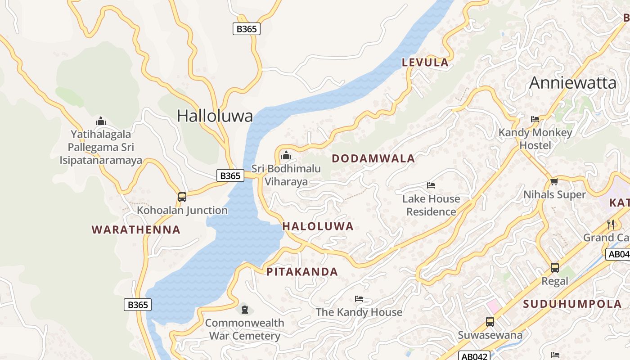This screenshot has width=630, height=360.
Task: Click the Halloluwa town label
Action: coord(215,116)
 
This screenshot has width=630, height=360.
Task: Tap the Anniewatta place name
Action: coord(572,83)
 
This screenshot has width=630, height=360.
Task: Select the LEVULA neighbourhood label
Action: coord(425,63)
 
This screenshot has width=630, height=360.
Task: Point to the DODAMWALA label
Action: coord(373,158)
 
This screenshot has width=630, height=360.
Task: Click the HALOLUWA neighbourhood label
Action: coord(318,226)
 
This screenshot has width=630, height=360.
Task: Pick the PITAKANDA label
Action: coord(302,272)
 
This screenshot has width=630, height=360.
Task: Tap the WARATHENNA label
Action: coord(136,230)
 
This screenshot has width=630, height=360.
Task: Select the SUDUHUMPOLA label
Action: coord(572,304)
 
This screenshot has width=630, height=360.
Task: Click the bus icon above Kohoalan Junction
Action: coord(182,197)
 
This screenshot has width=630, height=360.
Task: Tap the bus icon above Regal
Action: coord(555,268)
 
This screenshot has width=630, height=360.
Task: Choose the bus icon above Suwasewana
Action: coord(490,322)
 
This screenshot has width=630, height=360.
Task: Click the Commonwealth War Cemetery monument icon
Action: coord(244,310)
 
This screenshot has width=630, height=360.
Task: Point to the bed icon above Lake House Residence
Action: coord(431,185)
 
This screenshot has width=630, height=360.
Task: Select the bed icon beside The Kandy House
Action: coord(359,299)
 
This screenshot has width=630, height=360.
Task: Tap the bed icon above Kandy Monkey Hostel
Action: coord(535,119)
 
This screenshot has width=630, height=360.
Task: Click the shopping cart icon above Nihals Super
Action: coord(554,182)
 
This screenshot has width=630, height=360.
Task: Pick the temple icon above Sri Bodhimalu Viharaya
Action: coord(286,156)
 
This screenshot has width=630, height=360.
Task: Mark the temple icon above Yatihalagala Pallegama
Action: coord(101,121)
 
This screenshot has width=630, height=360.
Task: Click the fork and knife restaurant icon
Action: coord(611,224)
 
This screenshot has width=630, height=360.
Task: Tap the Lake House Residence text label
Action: coord(431,205)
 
